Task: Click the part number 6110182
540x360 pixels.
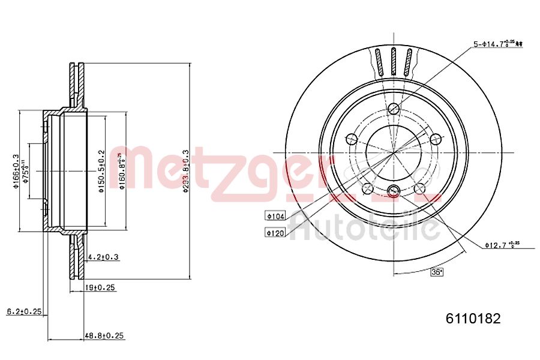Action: pos(472,319)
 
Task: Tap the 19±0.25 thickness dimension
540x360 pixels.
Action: pos(99,288)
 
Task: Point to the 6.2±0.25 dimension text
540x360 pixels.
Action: pos(23,311)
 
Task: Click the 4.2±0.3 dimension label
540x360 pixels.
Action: pos(103,257)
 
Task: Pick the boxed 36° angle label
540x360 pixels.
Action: pos(437,272)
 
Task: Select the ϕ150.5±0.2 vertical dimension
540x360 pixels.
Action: pos(101,171)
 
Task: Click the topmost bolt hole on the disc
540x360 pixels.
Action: pos(394,109)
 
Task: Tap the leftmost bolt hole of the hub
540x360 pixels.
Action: pos(352,139)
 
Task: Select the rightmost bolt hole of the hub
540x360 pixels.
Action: pos(435,139)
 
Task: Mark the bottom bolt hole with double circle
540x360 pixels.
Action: pos(394,191)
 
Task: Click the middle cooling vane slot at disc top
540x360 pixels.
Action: pos(394,61)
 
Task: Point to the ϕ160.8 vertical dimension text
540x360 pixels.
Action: pos(122,171)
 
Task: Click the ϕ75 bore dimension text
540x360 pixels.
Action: pos(25,171)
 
